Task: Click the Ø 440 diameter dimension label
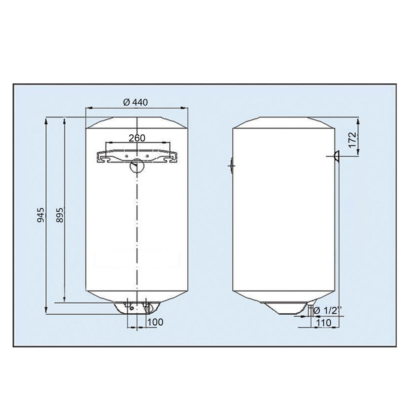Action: pos(135,102)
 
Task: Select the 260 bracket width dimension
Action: pos(137,138)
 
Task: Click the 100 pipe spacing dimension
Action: pos(155,322)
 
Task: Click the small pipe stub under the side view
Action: pos(310,309)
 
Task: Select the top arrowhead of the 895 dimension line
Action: pos(64,121)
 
